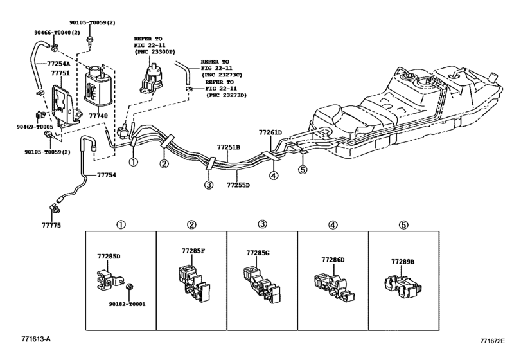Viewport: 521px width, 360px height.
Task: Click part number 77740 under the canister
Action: (98, 116)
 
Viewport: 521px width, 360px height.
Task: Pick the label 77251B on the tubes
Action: (228, 147)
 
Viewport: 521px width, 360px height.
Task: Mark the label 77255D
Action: (238, 185)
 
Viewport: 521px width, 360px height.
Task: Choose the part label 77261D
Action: (270, 132)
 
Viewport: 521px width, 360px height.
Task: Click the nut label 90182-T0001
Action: (127, 303)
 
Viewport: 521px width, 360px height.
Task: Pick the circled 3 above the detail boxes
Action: (263, 224)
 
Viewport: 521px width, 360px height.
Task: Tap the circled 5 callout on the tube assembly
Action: (303, 170)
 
